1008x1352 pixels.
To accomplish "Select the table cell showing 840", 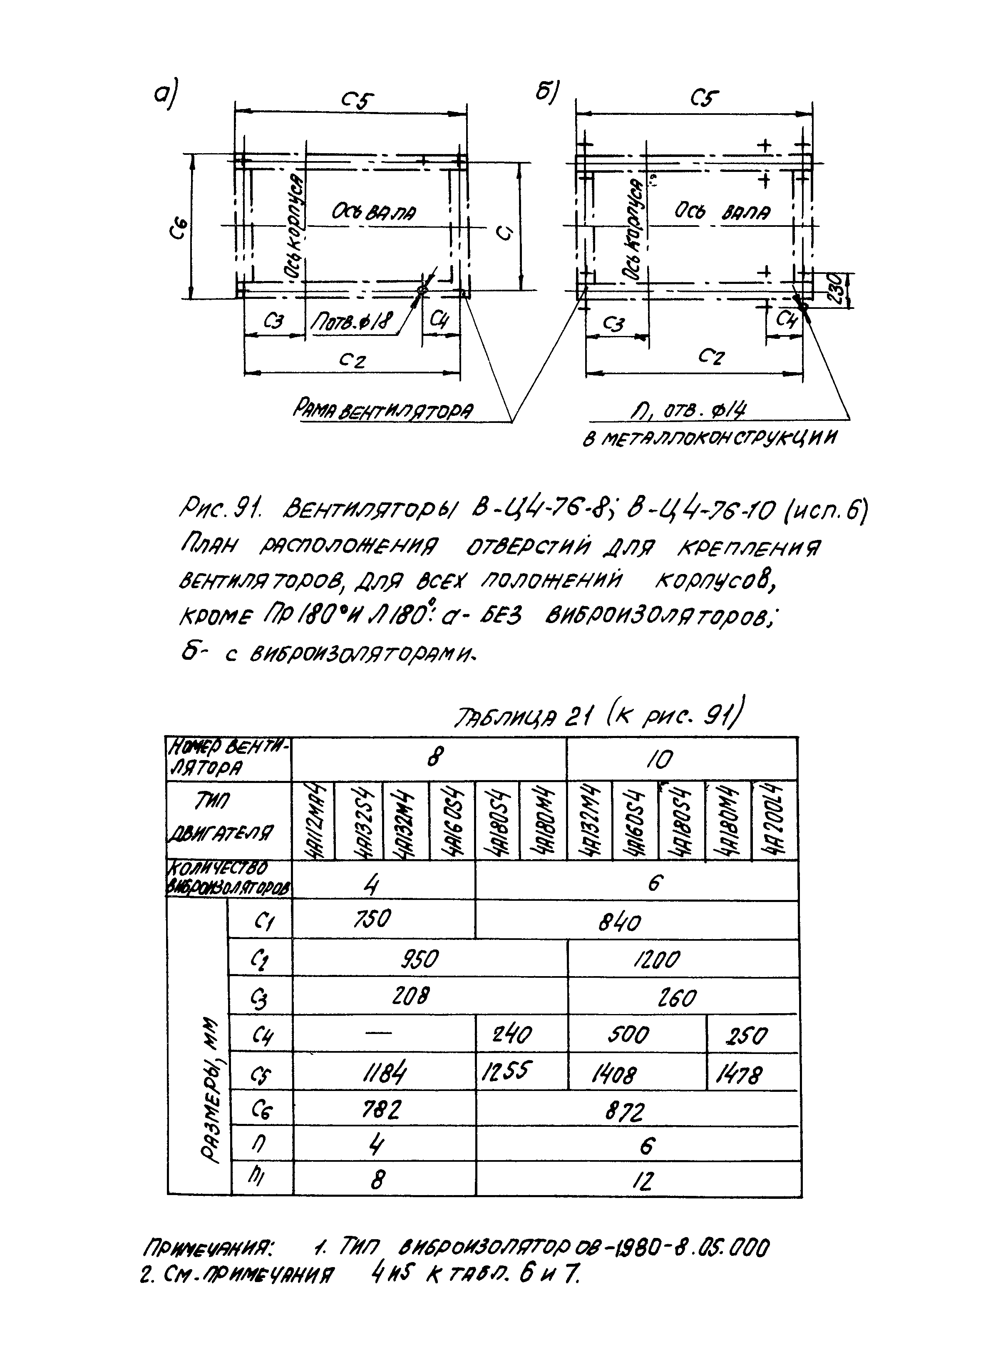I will [619, 921].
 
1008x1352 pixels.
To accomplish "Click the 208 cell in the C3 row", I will [410, 996].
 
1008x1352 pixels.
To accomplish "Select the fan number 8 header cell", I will [434, 758].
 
